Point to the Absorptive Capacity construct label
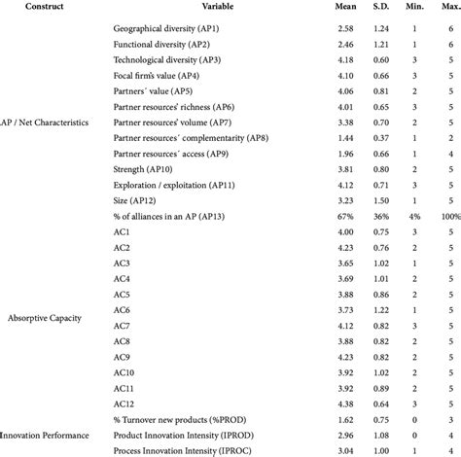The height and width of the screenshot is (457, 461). click(43, 317)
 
